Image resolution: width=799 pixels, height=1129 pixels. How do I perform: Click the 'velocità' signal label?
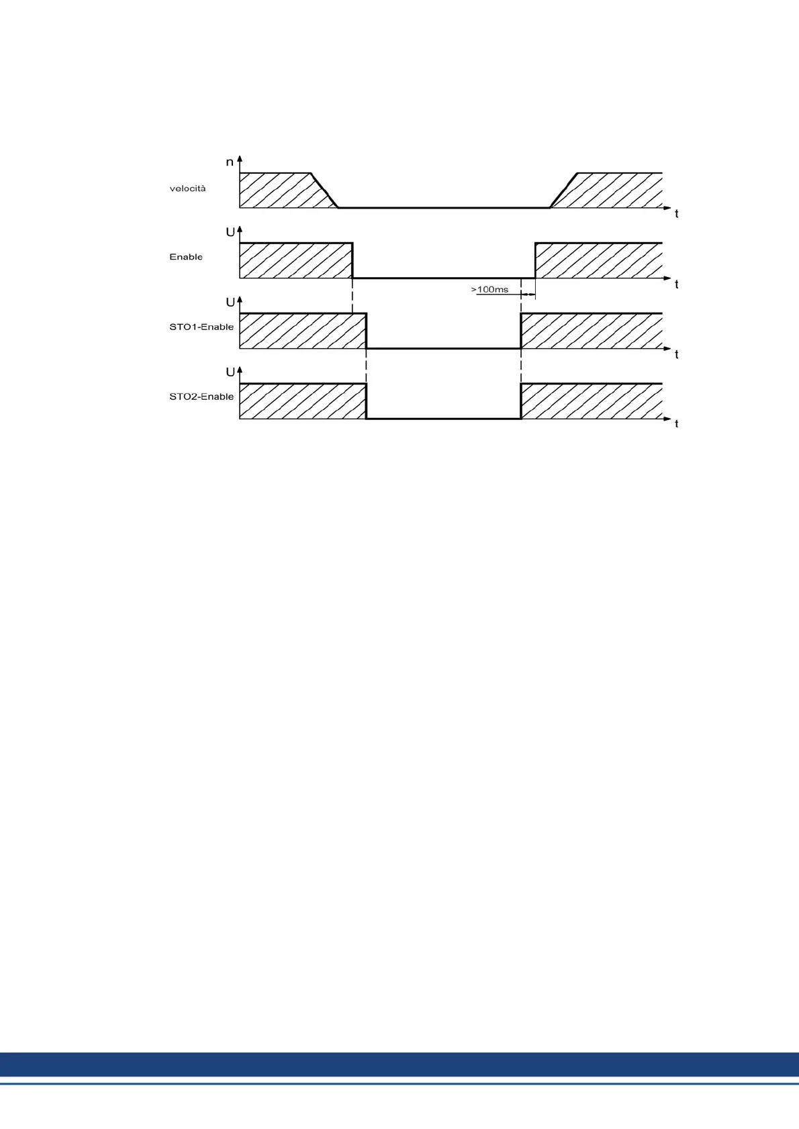pyautogui.click(x=187, y=189)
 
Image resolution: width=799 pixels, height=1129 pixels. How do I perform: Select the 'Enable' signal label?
pyautogui.click(x=186, y=257)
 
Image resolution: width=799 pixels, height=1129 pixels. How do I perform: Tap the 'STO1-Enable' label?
pyautogui.click(x=201, y=327)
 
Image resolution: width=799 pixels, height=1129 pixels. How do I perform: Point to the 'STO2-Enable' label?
pyautogui.click(x=201, y=396)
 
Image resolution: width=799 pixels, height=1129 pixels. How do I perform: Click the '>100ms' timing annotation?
pyautogui.click(x=489, y=290)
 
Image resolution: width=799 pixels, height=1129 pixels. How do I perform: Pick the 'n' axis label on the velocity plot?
pyautogui.click(x=230, y=162)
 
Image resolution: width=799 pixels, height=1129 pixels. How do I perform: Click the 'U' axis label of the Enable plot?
pyautogui.click(x=230, y=232)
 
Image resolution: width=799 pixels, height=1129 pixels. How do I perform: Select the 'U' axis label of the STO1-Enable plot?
pyautogui.click(x=230, y=303)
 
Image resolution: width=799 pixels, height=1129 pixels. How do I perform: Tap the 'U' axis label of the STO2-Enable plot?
pyautogui.click(x=230, y=372)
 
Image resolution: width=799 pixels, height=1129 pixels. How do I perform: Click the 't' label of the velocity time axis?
pyautogui.click(x=676, y=215)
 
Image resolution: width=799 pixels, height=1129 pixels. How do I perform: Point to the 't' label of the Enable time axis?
pyautogui.click(x=676, y=285)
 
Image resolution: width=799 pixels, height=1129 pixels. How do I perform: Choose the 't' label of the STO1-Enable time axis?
pyautogui.click(x=676, y=355)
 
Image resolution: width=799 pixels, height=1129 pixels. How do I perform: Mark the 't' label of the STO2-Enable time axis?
pyautogui.click(x=676, y=424)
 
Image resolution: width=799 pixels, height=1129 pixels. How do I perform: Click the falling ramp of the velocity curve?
pyautogui.click(x=324, y=191)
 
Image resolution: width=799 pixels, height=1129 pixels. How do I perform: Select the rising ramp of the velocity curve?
pyautogui.click(x=564, y=191)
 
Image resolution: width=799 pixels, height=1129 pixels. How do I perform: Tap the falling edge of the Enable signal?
pyautogui.click(x=352, y=260)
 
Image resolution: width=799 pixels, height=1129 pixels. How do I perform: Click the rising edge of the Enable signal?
pyautogui.click(x=535, y=260)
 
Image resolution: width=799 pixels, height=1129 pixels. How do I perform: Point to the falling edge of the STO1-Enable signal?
pyautogui.click(x=366, y=331)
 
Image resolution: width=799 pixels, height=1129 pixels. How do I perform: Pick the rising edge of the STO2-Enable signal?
pyautogui.click(x=521, y=401)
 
